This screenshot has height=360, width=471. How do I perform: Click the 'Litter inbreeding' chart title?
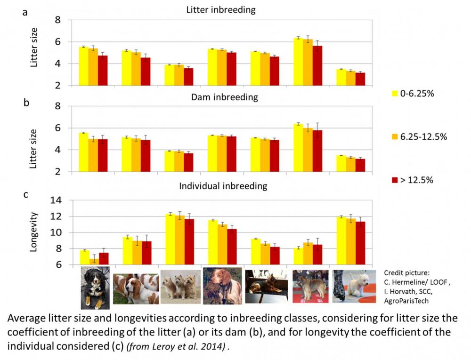221,10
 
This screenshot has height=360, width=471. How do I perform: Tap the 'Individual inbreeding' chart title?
223,186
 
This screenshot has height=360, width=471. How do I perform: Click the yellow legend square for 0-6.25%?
396,93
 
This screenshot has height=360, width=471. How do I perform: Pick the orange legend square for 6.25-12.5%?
396,136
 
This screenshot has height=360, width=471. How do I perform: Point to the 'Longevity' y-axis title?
34,232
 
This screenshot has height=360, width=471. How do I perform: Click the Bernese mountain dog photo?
95,288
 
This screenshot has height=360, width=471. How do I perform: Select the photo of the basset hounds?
136,288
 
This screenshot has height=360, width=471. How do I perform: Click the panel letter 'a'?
25,13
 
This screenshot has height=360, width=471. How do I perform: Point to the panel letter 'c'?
25,193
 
